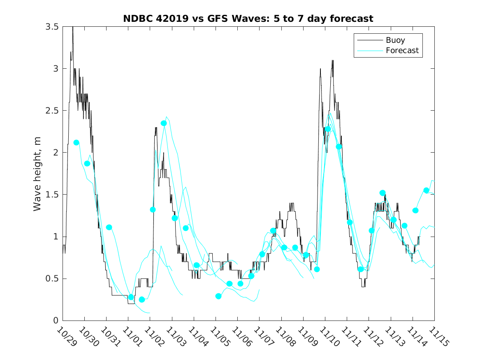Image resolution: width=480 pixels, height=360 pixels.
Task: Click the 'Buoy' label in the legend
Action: pyautogui.click(x=395, y=40)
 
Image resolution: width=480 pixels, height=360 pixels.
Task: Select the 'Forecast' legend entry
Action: pyautogui.click(x=402, y=51)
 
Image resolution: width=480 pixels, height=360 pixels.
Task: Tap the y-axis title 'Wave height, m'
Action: pyautogui.click(x=37, y=173)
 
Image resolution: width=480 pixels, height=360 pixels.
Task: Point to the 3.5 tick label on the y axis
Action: pyautogui.click(x=52, y=26)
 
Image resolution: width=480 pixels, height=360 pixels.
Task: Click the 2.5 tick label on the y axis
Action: pyautogui.click(x=52, y=110)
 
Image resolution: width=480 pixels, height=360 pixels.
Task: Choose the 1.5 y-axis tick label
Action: pyautogui.click(x=52, y=195)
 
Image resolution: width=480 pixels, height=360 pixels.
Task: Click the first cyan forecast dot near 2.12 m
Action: pyautogui.click(x=76, y=142)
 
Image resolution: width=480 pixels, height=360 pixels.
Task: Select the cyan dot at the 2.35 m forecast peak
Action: pyautogui.click(x=164, y=123)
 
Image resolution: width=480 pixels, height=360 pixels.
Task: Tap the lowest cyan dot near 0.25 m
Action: pyautogui.click(x=142, y=300)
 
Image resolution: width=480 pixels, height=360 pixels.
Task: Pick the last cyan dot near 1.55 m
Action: pyautogui.click(x=426, y=190)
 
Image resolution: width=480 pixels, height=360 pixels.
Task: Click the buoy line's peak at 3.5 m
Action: pyautogui.click(x=73, y=27)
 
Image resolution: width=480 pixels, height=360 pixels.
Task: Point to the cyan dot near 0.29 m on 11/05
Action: pyautogui.click(x=218, y=296)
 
